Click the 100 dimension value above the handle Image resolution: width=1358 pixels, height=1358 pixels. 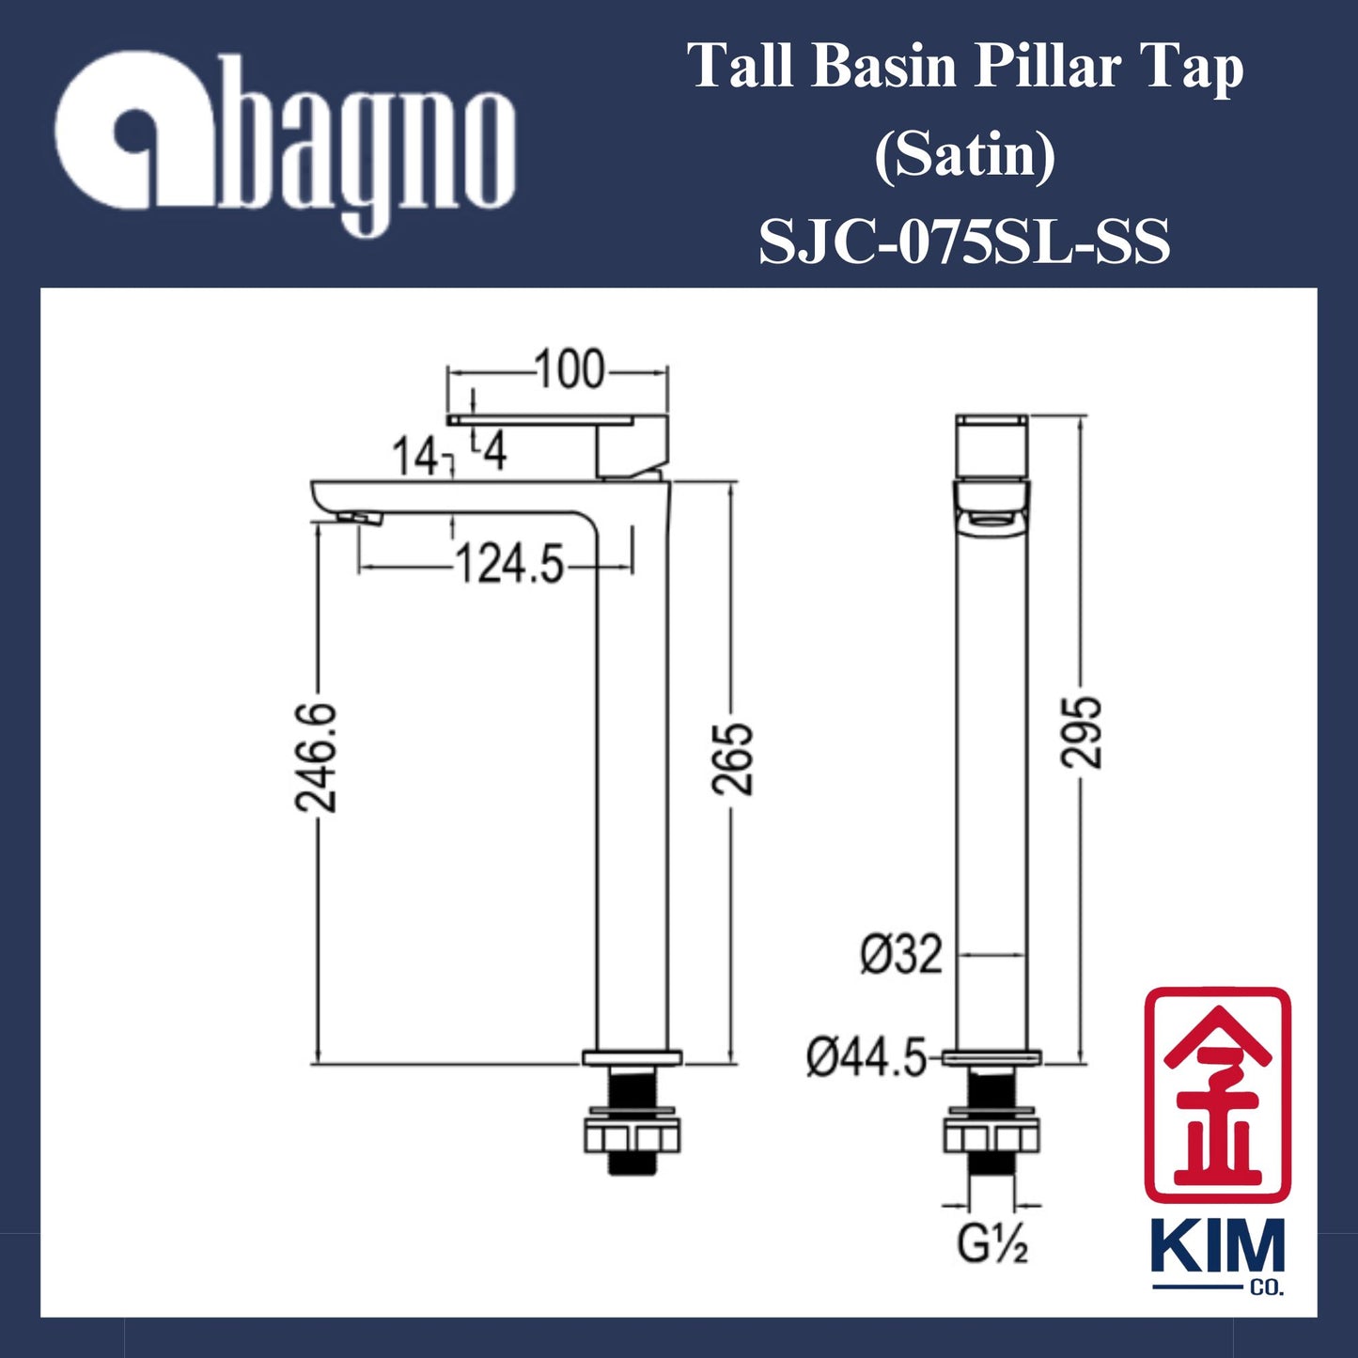pyautogui.click(x=570, y=370)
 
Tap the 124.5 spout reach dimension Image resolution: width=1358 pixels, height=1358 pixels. pyautogui.click(x=508, y=566)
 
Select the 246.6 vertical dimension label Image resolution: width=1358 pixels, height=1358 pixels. pyautogui.click(x=316, y=757)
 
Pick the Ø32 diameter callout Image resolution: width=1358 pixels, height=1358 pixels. pyautogui.click(x=900, y=956)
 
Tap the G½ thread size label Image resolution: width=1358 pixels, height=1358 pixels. pyautogui.click(x=992, y=1244)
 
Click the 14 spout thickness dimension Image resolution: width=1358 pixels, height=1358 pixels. pyautogui.click(x=414, y=458)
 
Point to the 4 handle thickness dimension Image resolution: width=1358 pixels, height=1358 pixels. pyautogui.click(x=494, y=452)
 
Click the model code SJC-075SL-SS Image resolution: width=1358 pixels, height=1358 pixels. pyautogui.click(x=964, y=242)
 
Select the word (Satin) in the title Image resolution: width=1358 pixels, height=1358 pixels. pyautogui.click(x=964, y=155)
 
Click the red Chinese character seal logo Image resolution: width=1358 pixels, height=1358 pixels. pyautogui.click(x=1217, y=1094)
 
